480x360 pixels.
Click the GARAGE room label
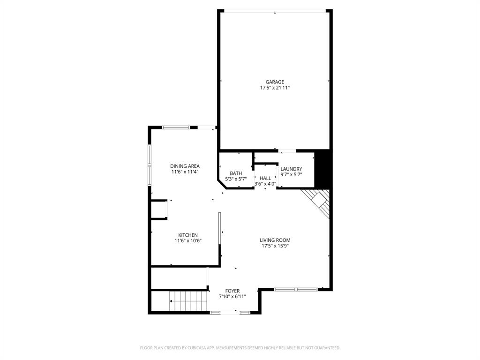275,82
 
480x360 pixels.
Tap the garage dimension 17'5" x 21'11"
275,88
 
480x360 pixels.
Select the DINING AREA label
185,166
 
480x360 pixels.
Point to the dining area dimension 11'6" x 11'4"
185,172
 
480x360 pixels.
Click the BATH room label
236,173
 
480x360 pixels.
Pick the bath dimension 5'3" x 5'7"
236,179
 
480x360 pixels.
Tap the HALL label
265,178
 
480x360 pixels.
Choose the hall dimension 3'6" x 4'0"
265,184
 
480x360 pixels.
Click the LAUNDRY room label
291,169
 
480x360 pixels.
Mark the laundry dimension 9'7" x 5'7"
291,174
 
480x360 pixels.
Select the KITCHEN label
187,235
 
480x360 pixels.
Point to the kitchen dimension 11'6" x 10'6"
187,240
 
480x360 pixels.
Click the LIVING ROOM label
275,240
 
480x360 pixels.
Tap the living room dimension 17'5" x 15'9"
275,246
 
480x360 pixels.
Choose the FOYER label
232,291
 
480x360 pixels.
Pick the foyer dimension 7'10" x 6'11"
232,296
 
